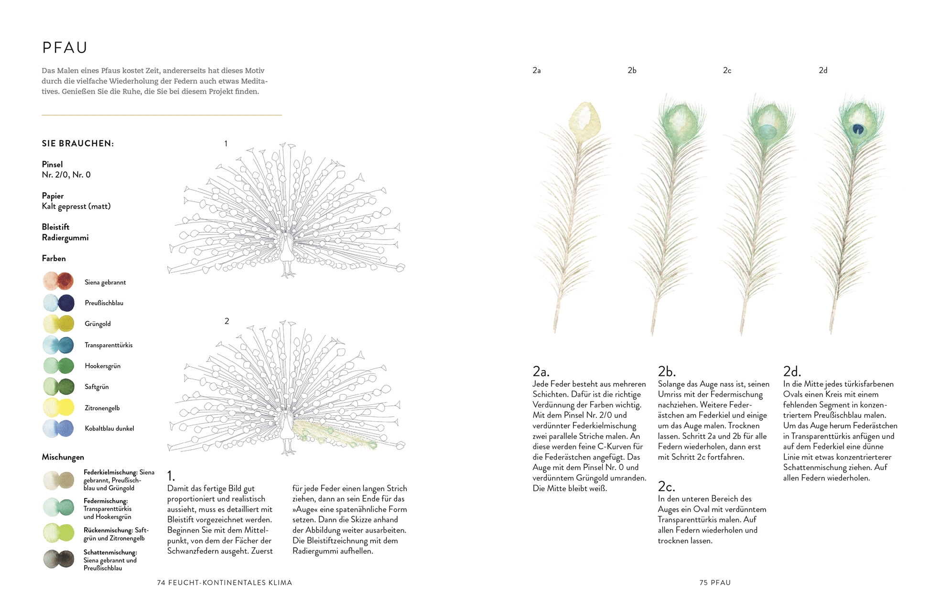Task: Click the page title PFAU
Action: pos(65,48)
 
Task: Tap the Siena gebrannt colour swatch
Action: pos(58,281)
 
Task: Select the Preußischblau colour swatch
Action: pos(58,303)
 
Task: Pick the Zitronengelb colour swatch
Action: pos(58,407)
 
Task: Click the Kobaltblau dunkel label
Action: pos(109,428)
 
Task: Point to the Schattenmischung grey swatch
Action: pos(58,559)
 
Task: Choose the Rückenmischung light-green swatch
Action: pos(58,533)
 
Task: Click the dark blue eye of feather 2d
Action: pos(858,129)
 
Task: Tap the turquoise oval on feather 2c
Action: pos(767,131)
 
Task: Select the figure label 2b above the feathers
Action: pos(632,70)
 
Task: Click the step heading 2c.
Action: pos(666,486)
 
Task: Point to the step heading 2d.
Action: pos(791,371)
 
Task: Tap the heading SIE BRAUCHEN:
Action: pos(78,143)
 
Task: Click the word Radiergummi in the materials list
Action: pos(65,238)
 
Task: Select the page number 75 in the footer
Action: pos(703,582)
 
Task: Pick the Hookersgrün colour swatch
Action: pos(58,366)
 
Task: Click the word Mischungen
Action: pos(63,457)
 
